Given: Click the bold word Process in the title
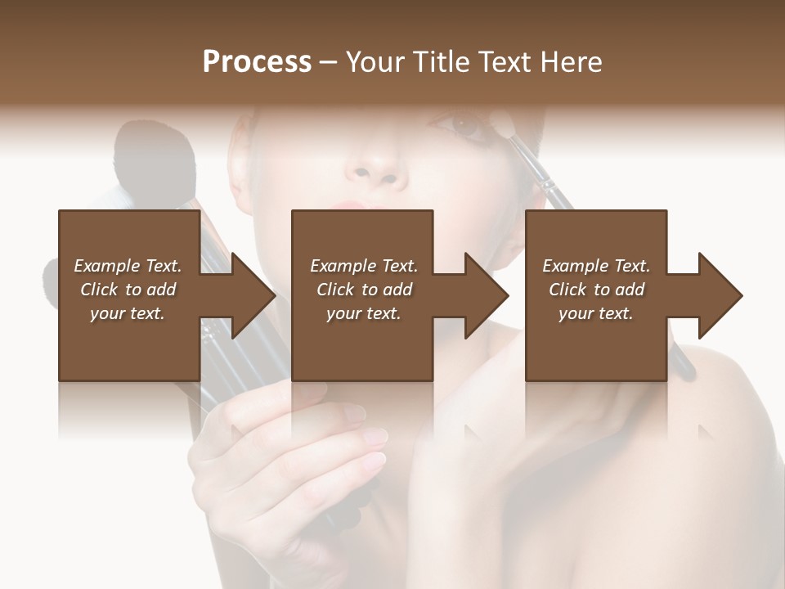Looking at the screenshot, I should pyautogui.click(x=257, y=62).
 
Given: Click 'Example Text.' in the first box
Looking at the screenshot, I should pyautogui.click(x=128, y=266).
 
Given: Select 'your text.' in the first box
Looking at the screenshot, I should pyautogui.click(x=128, y=313).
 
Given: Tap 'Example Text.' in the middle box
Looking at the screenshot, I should pyautogui.click(x=363, y=266).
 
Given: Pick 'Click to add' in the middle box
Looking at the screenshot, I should pyautogui.click(x=363, y=290).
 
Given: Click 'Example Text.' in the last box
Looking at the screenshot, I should pyautogui.click(x=596, y=266).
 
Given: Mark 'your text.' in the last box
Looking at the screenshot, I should pyautogui.click(x=596, y=313).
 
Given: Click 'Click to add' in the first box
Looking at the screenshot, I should pyautogui.click(x=128, y=290).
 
